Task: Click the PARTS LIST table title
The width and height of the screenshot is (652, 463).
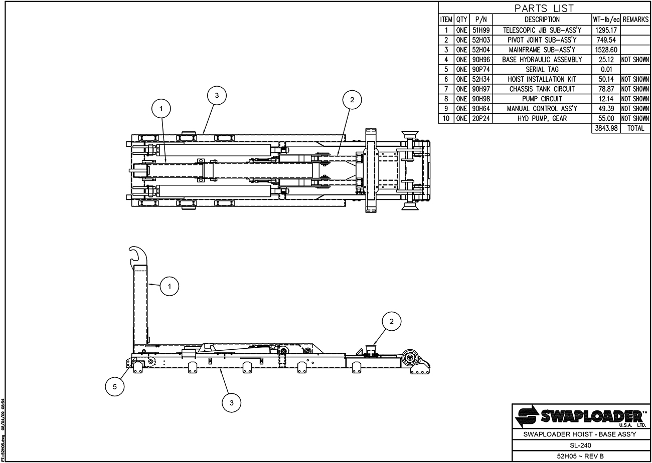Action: tap(544, 8)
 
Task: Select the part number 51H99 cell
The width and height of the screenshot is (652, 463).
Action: tap(481, 30)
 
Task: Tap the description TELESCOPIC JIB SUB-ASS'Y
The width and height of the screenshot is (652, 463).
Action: tap(542, 30)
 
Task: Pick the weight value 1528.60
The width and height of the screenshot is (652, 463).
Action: tap(606, 50)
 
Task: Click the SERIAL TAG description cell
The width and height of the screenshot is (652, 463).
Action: tap(542, 69)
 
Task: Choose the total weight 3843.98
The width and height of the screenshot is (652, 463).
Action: tap(606, 128)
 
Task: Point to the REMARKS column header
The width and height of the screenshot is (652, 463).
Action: tap(636, 20)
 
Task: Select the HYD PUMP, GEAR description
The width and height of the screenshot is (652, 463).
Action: tap(542, 118)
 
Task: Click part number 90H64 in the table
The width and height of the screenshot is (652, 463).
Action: tap(481, 108)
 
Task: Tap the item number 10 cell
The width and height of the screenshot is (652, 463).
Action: tap(446, 118)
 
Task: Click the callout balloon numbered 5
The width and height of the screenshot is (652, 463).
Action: tap(115, 386)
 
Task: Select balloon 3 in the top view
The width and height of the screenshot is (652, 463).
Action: tap(217, 95)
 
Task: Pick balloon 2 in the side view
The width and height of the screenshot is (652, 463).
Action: tap(392, 321)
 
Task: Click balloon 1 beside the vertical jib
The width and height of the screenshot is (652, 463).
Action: tap(170, 286)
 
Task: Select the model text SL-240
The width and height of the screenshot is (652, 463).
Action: tap(580, 445)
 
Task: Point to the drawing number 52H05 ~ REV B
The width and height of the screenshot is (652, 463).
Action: tap(580, 456)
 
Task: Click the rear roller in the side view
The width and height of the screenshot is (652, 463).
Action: tap(409, 358)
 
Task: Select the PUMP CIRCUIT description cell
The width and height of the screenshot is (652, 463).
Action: tap(542, 99)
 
